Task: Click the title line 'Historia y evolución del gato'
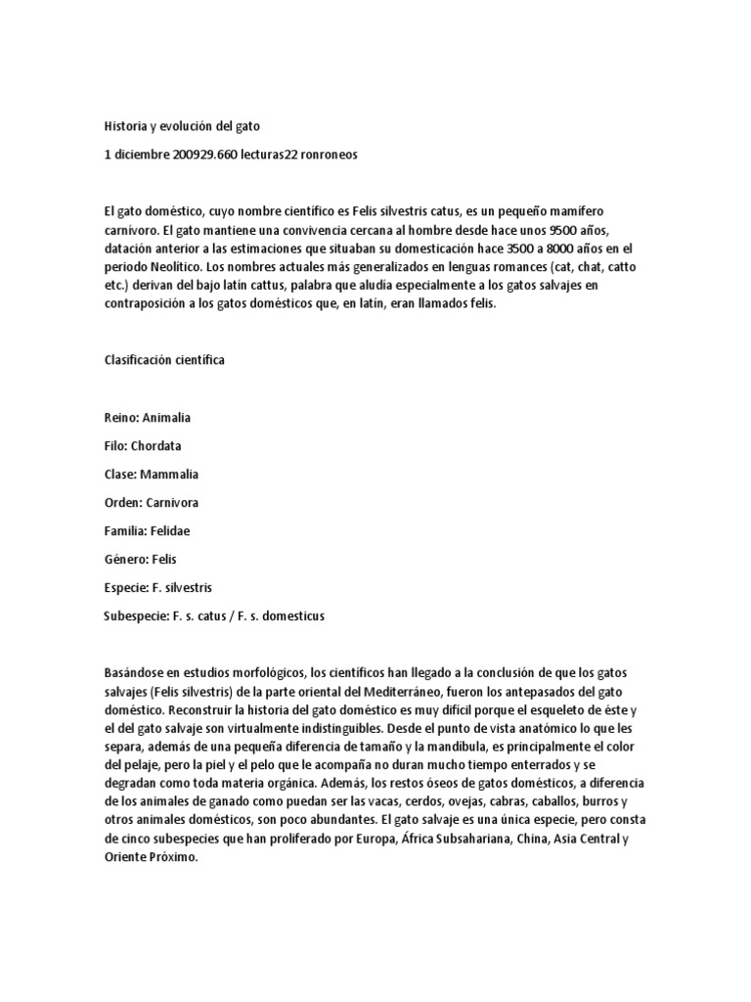[182, 126]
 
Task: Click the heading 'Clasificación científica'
[164, 360]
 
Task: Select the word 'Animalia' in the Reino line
[166, 418]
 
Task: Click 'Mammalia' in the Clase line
[169, 475]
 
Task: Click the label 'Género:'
[124, 560]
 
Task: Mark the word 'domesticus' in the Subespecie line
[289, 616]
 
